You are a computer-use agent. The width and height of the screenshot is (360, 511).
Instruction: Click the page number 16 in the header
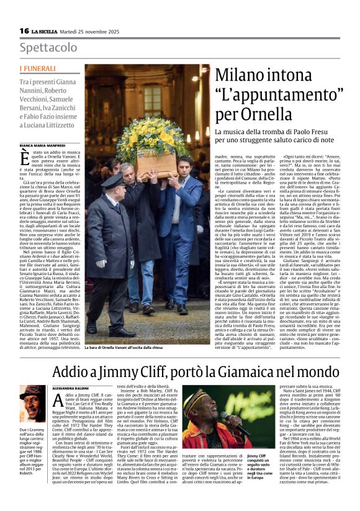pyautogui.click(x=24, y=30)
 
